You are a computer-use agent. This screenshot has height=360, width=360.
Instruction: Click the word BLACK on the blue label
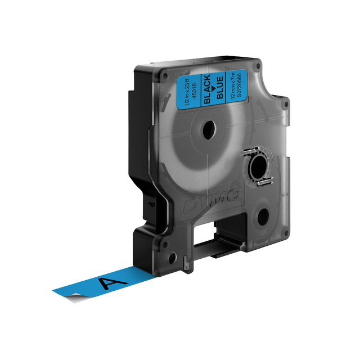207,89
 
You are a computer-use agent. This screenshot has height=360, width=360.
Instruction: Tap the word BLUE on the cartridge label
220,88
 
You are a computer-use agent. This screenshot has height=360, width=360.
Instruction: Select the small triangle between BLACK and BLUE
213,88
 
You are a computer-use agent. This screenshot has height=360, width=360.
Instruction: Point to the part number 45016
194,91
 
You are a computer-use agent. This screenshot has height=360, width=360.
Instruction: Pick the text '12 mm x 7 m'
233,86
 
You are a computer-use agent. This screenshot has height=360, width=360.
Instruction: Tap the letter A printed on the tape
112,282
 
